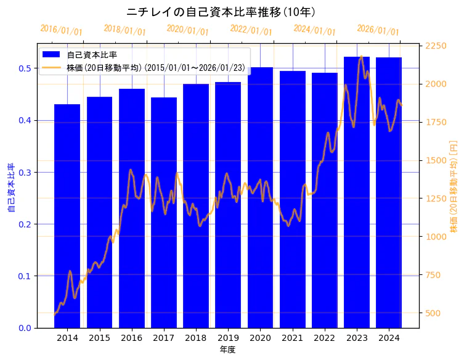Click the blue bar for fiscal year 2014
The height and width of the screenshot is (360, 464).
pos(67,216)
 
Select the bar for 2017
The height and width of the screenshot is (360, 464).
pos(164,213)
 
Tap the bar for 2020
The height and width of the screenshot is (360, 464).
pos(260,197)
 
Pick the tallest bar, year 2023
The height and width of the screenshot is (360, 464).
pos(357,192)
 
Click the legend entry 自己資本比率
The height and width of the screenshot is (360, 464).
pos(92,55)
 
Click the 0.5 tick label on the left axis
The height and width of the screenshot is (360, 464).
pos(25,68)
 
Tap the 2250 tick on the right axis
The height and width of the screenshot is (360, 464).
pos(436,46)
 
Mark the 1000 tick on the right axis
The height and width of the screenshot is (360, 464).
pos(436,237)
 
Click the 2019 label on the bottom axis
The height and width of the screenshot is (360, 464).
pos(228,338)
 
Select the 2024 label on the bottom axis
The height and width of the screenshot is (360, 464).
pos(389,338)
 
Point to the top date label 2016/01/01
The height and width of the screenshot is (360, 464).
pos(62,30)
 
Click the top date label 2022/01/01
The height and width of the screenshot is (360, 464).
pos(251,30)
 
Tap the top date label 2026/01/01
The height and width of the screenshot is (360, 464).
pos(378,30)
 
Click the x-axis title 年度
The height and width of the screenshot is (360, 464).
pos(228,350)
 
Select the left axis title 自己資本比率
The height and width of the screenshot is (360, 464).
pos(10,188)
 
